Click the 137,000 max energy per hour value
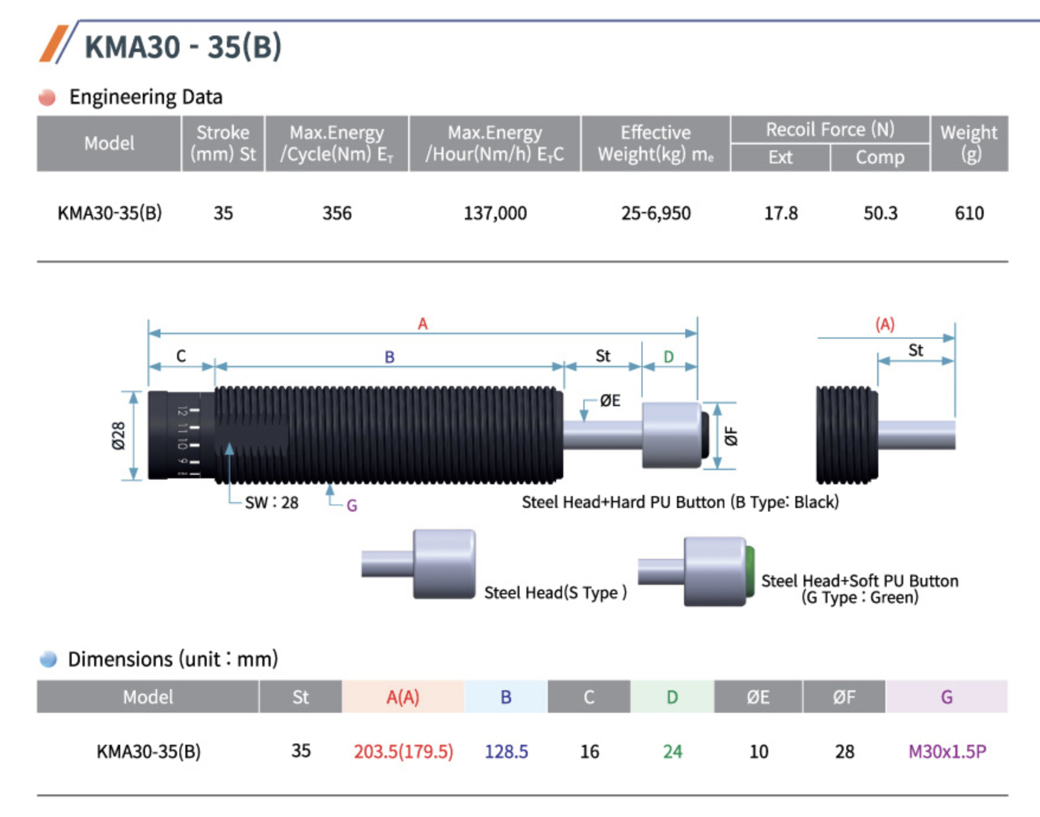point(495,213)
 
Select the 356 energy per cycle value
point(337,213)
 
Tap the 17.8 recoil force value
point(781,213)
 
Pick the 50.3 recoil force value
point(880,213)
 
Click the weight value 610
point(969,213)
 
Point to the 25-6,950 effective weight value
point(656,213)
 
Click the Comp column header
point(880,157)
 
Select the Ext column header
point(781,157)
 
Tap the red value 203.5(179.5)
point(403,751)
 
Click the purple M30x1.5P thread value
point(947,751)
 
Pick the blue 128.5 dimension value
point(506,751)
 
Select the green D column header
point(672,697)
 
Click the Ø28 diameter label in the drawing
point(119,436)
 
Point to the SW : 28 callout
point(272,503)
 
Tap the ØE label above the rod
point(610,401)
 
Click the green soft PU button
point(750,571)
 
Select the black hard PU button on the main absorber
point(705,435)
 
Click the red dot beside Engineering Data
point(47,97)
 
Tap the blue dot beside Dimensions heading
point(48,659)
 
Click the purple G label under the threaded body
point(352,506)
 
